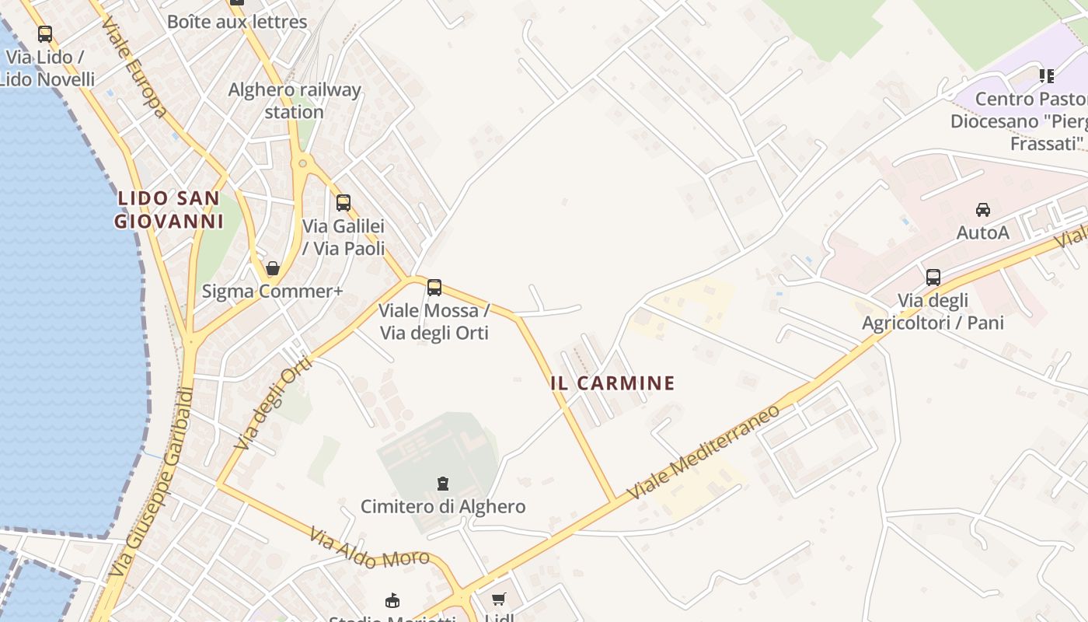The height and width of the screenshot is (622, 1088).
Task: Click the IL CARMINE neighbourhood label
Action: point(612,383)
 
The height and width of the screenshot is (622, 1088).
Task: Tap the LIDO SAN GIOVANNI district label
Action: point(169,210)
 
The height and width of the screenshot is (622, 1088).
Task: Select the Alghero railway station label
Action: point(294,100)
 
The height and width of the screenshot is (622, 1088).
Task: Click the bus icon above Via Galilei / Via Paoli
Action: point(343,203)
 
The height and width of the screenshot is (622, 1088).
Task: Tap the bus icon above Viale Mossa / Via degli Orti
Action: point(434,288)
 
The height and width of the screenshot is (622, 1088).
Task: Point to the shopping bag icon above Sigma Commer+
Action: point(273,268)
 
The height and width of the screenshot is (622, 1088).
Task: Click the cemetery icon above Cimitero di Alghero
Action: point(443,484)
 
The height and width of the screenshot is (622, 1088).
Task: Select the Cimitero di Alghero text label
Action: point(443,507)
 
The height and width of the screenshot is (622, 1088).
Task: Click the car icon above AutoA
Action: point(983,209)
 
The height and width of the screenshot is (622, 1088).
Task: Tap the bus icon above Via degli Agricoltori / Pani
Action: point(933,277)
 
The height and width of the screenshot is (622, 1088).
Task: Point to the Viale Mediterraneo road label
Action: point(693,452)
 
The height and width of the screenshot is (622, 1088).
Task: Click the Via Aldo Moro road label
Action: point(369,547)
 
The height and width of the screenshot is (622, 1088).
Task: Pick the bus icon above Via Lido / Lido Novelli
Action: point(45,34)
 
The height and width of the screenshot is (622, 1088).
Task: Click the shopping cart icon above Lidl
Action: point(498,599)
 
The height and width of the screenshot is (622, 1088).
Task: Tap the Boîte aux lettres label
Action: point(237,21)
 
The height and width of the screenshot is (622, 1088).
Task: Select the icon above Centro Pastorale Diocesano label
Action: point(1047,76)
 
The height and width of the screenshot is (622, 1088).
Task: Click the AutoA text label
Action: point(982,232)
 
